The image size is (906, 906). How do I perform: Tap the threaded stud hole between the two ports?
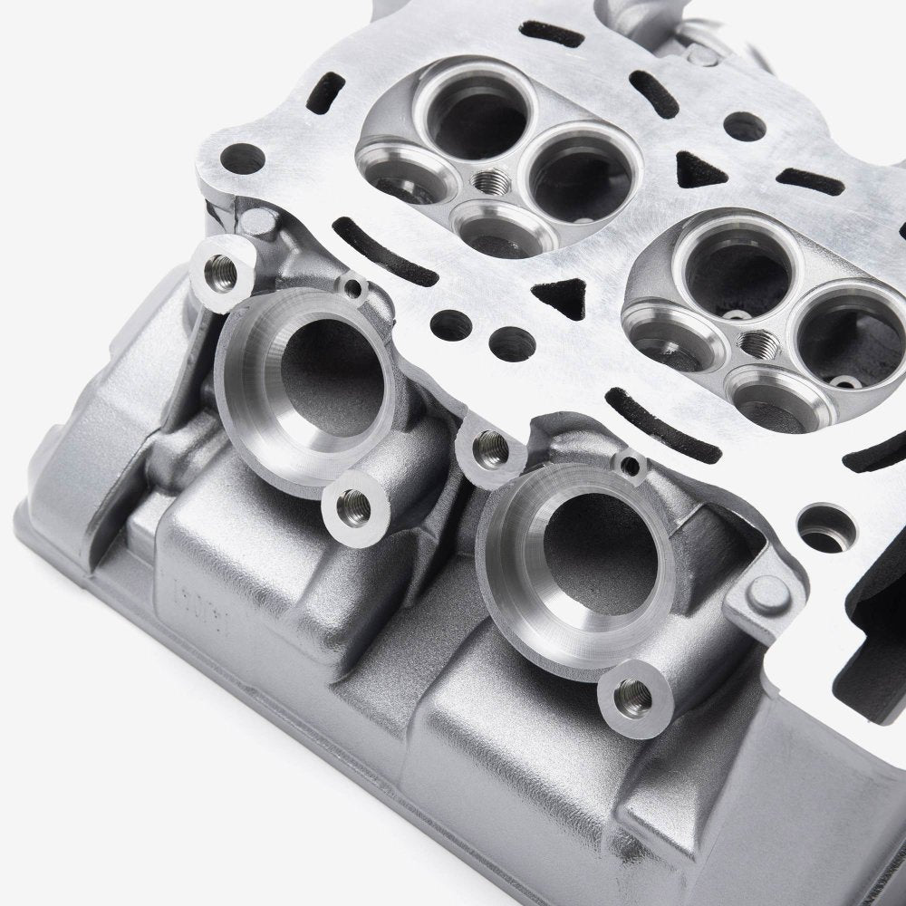(489, 443)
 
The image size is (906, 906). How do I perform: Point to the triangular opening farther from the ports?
(693, 169)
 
